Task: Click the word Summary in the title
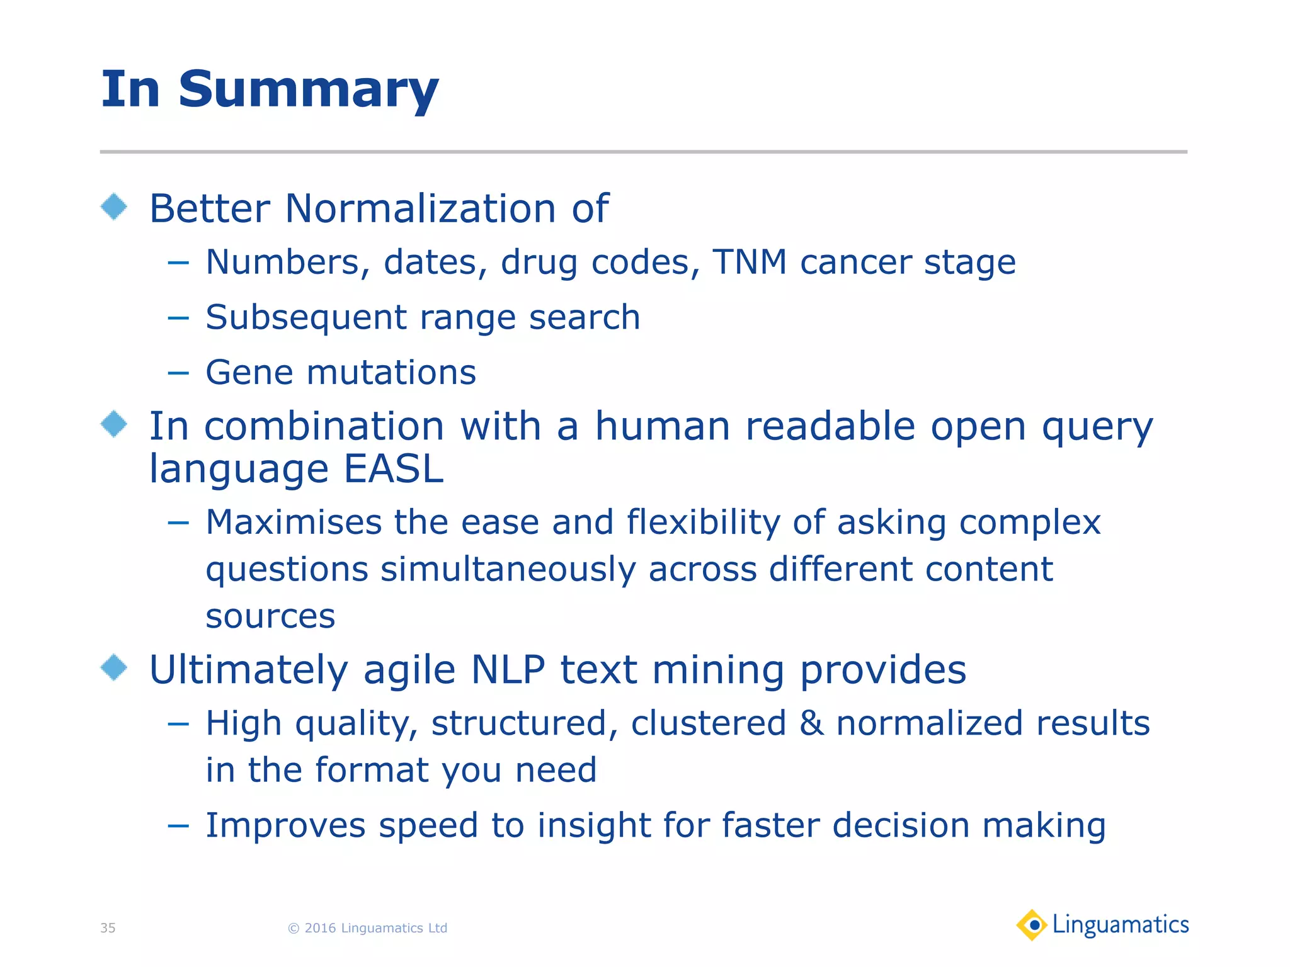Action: [x=308, y=90]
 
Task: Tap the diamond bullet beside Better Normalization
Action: [x=114, y=206]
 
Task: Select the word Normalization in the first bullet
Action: [x=420, y=208]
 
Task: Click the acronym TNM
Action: [x=750, y=262]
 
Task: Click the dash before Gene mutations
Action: [x=178, y=373]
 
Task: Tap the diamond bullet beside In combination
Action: [x=114, y=424]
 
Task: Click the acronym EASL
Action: [x=394, y=469]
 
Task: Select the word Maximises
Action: [x=294, y=523]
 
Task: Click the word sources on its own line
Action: [x=270, y=616]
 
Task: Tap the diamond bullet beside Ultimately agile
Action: [x=114, y=667]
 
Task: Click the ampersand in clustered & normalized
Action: [x=811, y=723]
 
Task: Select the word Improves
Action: [x=285, y=825]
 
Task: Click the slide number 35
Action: [x=108, y=928]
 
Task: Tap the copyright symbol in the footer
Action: [x=294, y=928]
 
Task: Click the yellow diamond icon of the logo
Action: [x=1032, y=925]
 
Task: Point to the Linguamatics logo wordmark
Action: [x=1121, y=925]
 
